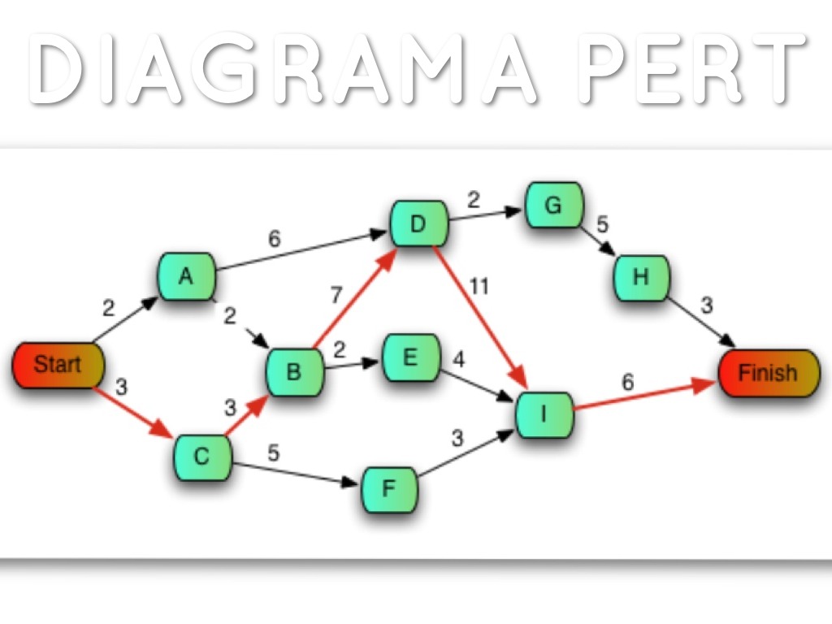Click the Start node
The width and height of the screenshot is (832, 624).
coord(58,365)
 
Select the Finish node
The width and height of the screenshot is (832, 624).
coord(768,373)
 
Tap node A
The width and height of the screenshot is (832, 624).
coord(187,277)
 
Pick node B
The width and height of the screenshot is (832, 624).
coord(294,372)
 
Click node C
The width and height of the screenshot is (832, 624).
coord(201,457)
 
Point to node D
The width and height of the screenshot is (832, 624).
coord(418,224)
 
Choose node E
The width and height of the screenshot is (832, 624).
coord(410,357)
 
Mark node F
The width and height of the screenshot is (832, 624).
coord(389,489)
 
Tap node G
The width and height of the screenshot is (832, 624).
coord(553,205)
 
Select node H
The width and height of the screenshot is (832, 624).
coord(642,277)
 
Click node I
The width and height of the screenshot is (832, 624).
coord(544,414)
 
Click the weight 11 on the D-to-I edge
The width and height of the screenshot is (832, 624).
coord(479,286)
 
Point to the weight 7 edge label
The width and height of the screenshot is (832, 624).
coord(336,295)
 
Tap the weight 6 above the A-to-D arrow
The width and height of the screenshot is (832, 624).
coord(274,238)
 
